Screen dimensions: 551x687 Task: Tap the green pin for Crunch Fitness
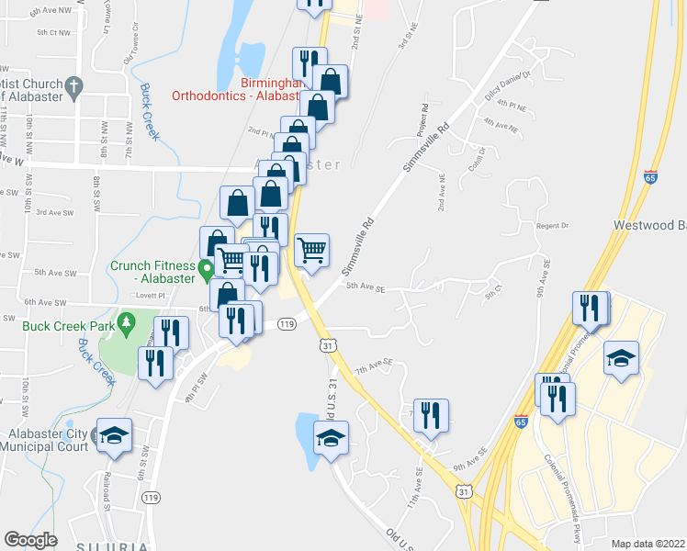point(208,269)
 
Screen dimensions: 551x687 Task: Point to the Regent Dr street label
point(552,226)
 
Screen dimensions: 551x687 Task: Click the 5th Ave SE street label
point(365,287)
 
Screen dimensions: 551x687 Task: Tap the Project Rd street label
point(422,120)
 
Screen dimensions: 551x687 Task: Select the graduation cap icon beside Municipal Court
point(115,435)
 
